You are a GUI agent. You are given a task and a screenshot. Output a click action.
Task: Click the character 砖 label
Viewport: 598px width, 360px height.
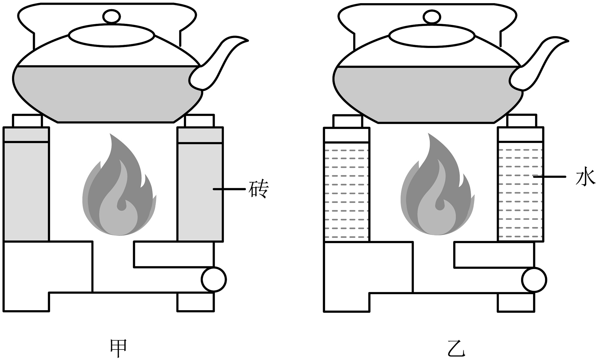258,189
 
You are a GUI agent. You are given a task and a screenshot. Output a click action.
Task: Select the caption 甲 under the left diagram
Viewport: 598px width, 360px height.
118,348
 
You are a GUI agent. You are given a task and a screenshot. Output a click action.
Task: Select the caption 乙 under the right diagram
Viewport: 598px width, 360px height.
456,348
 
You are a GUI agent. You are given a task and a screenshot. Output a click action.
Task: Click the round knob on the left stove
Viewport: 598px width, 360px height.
214,279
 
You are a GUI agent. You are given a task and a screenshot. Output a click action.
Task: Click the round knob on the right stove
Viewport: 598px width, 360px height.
534,280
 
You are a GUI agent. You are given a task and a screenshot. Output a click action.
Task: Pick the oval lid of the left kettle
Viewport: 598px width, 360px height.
112,36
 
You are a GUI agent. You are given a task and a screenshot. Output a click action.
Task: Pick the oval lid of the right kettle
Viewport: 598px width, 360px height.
432,36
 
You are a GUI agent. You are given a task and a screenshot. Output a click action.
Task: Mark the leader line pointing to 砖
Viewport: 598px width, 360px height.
229,189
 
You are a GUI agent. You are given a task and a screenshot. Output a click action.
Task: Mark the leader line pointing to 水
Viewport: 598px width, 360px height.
549,177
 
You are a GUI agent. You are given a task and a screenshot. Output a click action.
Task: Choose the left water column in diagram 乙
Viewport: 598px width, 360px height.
346,191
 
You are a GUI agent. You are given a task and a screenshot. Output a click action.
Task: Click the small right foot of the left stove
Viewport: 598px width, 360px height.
195,302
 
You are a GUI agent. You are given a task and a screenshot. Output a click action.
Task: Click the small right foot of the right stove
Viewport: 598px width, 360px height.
516,303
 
